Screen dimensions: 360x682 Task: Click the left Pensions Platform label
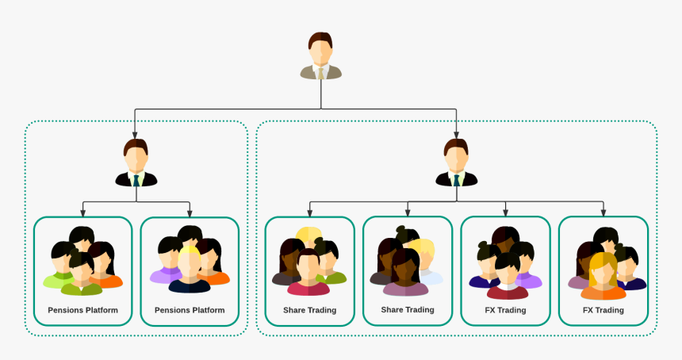82,310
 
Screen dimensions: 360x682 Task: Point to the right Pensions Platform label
190,310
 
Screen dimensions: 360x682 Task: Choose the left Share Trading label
309,310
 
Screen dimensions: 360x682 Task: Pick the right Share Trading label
408,309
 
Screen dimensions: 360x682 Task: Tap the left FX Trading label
505,310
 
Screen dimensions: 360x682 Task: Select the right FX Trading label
603,310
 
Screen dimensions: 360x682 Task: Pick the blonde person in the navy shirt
190,273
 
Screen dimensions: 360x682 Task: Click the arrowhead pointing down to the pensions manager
136,134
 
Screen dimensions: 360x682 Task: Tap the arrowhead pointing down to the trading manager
456,134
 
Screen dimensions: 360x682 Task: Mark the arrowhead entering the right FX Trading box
603,213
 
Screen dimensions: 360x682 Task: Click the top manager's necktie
321,74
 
